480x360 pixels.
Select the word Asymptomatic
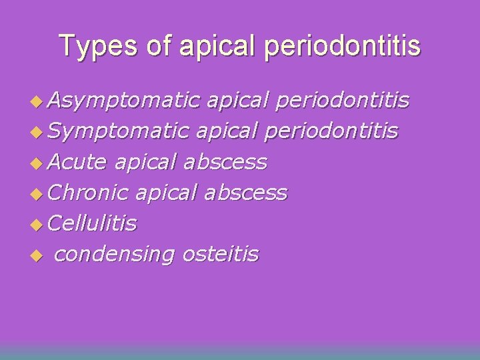pos(124,101)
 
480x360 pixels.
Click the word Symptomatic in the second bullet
pos(119,131)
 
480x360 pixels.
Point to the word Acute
pos(78,162)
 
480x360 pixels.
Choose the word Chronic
pos(88,193)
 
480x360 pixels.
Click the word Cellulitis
pos(93,223)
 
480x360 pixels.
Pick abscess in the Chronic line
pos(245,193)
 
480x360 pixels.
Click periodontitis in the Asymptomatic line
pos(342,101)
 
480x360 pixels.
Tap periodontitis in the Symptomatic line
pos(332,131)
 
